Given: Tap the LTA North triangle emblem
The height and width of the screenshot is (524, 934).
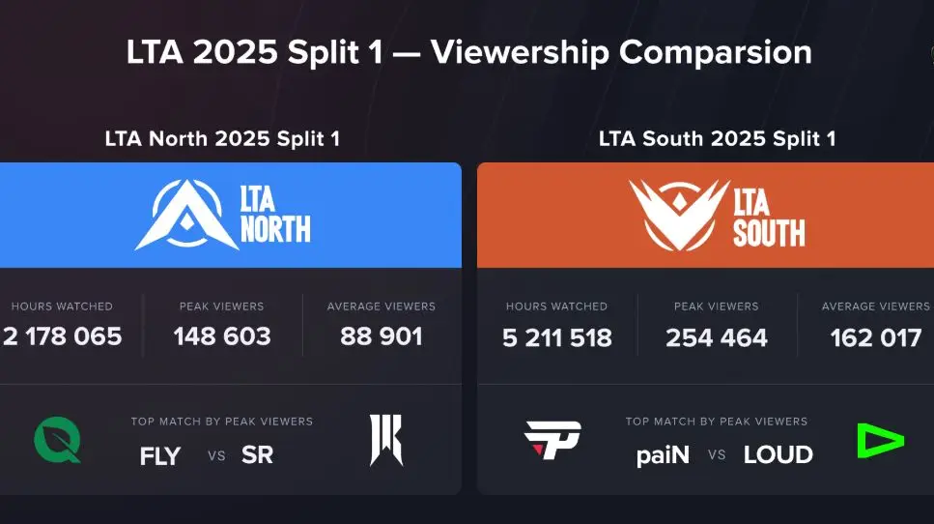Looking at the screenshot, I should pos(180,215).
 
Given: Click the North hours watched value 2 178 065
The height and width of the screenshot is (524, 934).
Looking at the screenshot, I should pos(63,336).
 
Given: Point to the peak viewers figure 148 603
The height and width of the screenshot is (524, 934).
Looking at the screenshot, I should pos(222,336).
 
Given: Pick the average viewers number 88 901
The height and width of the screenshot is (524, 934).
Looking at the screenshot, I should pos(382,336).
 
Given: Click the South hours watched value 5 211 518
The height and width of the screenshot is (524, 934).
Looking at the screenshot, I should pos(556,337).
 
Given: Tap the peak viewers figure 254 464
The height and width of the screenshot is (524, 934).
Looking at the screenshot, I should pos(717,337).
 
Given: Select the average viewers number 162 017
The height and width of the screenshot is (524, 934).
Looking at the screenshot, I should pos(875,337).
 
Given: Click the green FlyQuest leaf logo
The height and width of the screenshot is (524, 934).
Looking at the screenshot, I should pos(58,441).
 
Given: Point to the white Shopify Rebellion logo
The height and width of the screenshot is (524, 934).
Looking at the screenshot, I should pos(386,441).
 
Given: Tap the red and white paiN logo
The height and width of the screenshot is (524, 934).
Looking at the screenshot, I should pos(552,441).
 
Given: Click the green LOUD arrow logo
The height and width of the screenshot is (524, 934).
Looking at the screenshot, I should pos(880,441).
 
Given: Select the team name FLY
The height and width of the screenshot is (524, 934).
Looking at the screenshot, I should pos(160,455).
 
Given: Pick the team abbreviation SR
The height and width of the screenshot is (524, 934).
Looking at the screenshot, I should pos(258,455).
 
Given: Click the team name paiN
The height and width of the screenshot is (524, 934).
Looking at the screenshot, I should pos(664,455).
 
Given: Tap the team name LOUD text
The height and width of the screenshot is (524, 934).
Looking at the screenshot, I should pos(778,455).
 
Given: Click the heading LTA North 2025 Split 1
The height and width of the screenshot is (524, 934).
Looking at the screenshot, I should pos(222,139).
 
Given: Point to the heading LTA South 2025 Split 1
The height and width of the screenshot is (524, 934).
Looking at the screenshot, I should pos(717,139).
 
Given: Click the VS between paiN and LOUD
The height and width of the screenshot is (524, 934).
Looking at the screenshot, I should pos(717,455).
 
